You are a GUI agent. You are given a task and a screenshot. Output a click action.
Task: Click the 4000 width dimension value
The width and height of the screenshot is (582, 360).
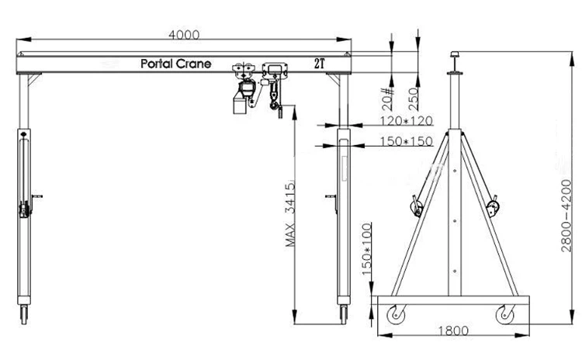pyautogui.click(x=184, y=34)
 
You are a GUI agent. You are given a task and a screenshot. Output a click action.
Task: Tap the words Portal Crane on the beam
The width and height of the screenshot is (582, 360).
pyautogui.click(x=175, y=64)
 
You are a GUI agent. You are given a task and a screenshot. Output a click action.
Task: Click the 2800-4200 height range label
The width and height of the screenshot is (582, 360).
pyautogui.click(x=568, y=209)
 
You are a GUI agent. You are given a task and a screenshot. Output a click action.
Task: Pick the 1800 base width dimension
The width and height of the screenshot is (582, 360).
pyautogui.click(x=452, y=331)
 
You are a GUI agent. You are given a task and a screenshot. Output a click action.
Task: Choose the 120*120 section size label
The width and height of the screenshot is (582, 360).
pyautogui.click(x=407, y=121)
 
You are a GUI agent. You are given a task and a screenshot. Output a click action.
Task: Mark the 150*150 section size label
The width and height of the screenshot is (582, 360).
pyautogui.click(x=407, y=142)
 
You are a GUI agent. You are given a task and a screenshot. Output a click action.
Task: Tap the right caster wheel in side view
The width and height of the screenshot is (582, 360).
pyautogui.click(x=505, y=316)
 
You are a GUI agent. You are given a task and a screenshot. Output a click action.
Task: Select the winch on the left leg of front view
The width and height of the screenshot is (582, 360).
pyautogui.click(x=25, y=208)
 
